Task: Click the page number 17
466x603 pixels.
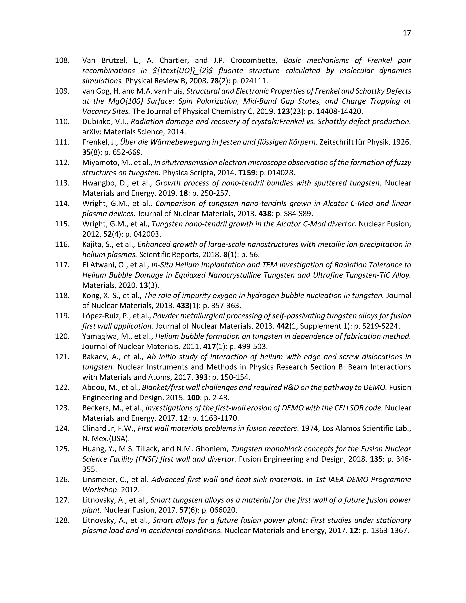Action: tap(407, 33)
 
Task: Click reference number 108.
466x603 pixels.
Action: tap(62, 60)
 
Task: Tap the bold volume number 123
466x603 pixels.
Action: tap(283, 111)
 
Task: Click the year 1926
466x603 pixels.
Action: tap(401, 142)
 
